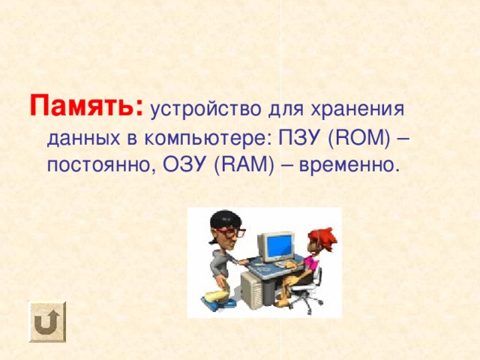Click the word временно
[348, 164]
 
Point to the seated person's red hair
[322, 233]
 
